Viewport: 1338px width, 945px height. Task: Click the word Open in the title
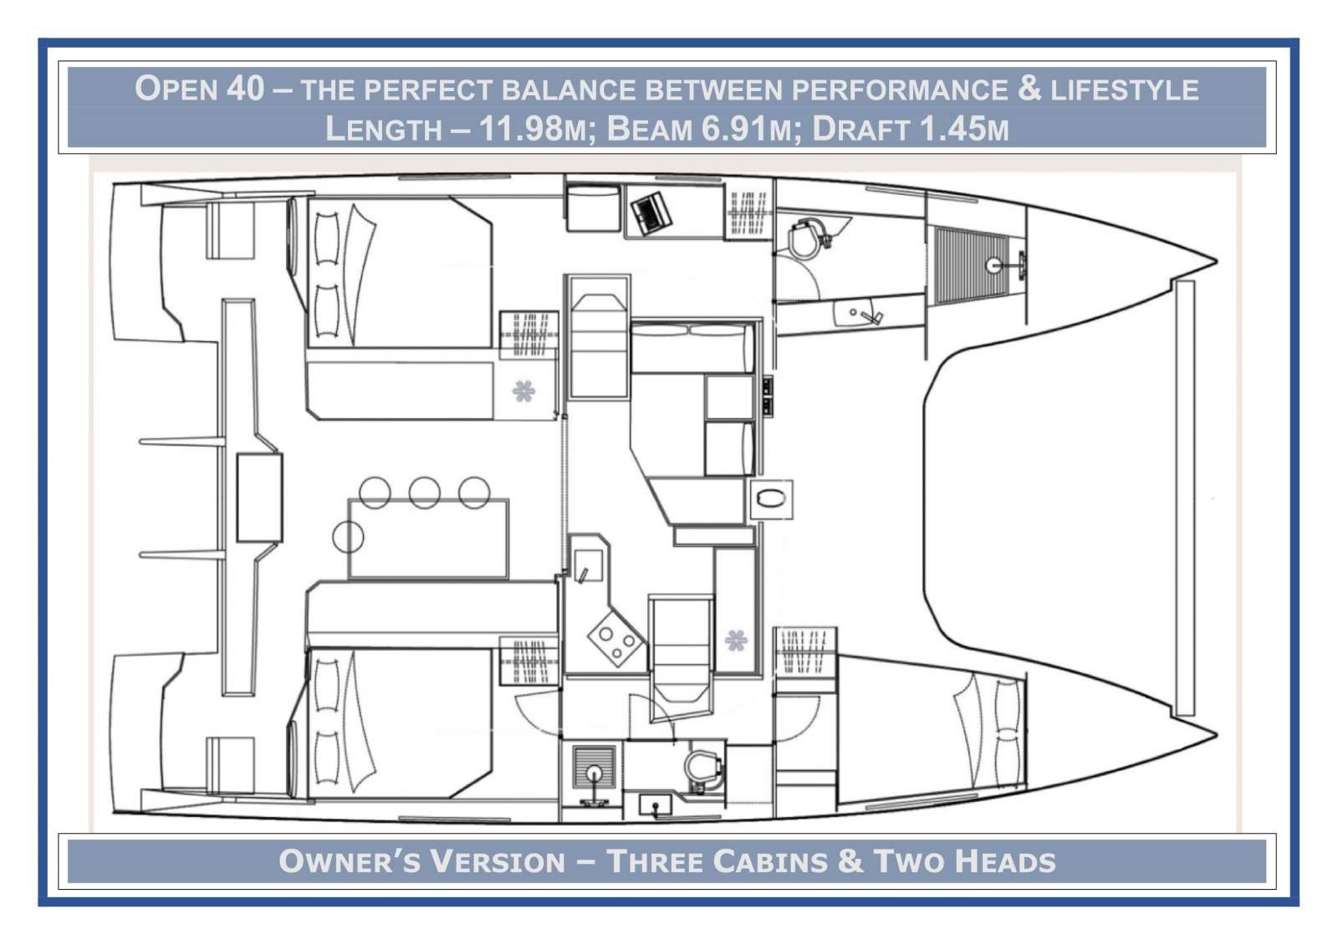point(176,88)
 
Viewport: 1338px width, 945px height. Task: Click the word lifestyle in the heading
point(1125,89)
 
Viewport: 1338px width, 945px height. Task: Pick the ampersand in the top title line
point(1029,88)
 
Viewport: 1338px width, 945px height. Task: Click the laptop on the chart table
point(651,212)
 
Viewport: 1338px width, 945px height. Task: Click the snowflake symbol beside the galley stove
point(736,641)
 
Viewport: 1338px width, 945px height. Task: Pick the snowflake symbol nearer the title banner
point(523,391)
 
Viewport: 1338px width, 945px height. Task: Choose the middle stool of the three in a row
point(425,493)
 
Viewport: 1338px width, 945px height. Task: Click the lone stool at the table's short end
point(348,536)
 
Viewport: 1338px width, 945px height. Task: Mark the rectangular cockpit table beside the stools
point(428,538)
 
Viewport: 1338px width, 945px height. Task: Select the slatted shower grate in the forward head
point(961,265)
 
